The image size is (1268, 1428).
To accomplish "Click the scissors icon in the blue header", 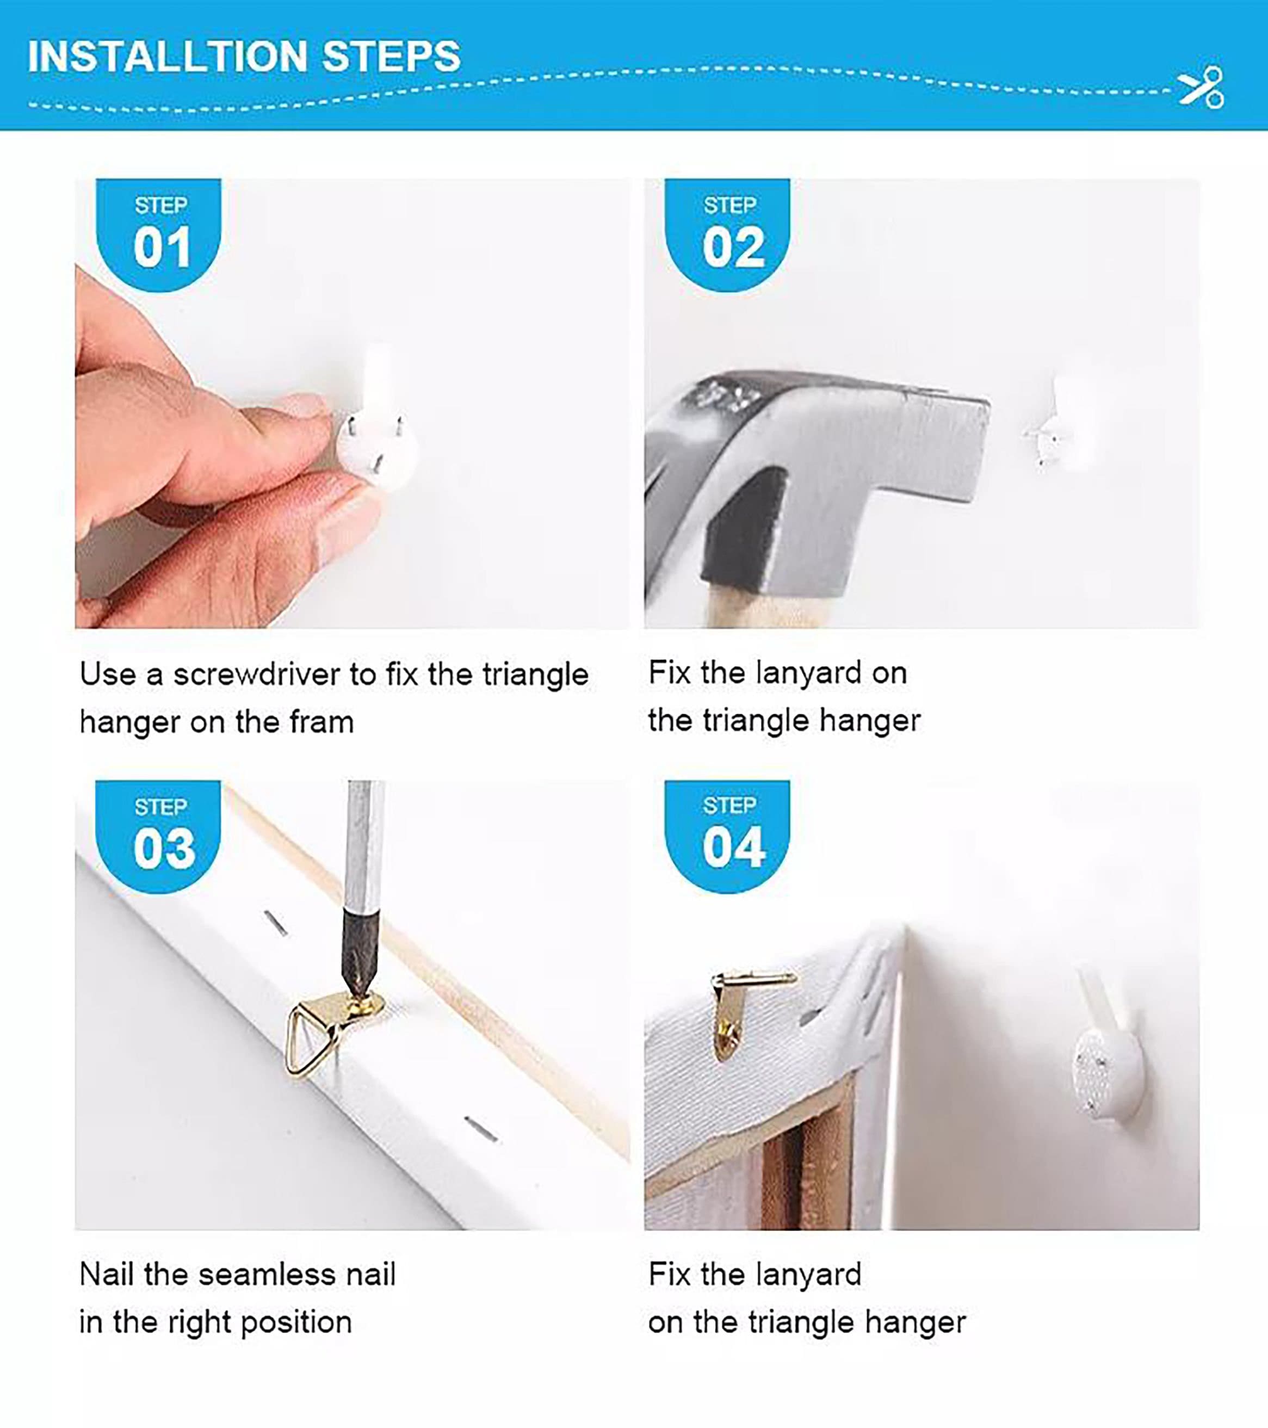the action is tap(1201, 88).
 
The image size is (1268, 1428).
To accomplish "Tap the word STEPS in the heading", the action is tap(391, 56).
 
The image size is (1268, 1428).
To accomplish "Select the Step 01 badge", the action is tap(159, 234).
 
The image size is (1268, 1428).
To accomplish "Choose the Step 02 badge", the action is tap(727, 234).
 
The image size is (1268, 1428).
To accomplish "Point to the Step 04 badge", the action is tap(727, 836).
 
